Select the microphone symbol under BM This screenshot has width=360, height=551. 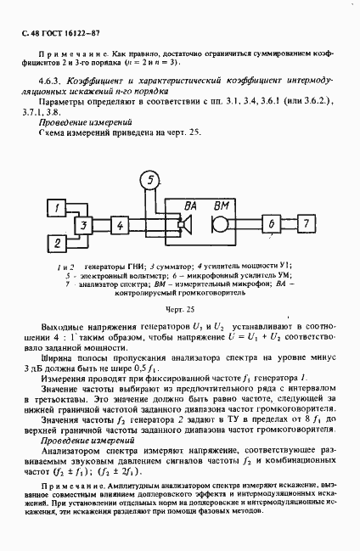218,225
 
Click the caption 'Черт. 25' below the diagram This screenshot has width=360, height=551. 180,310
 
